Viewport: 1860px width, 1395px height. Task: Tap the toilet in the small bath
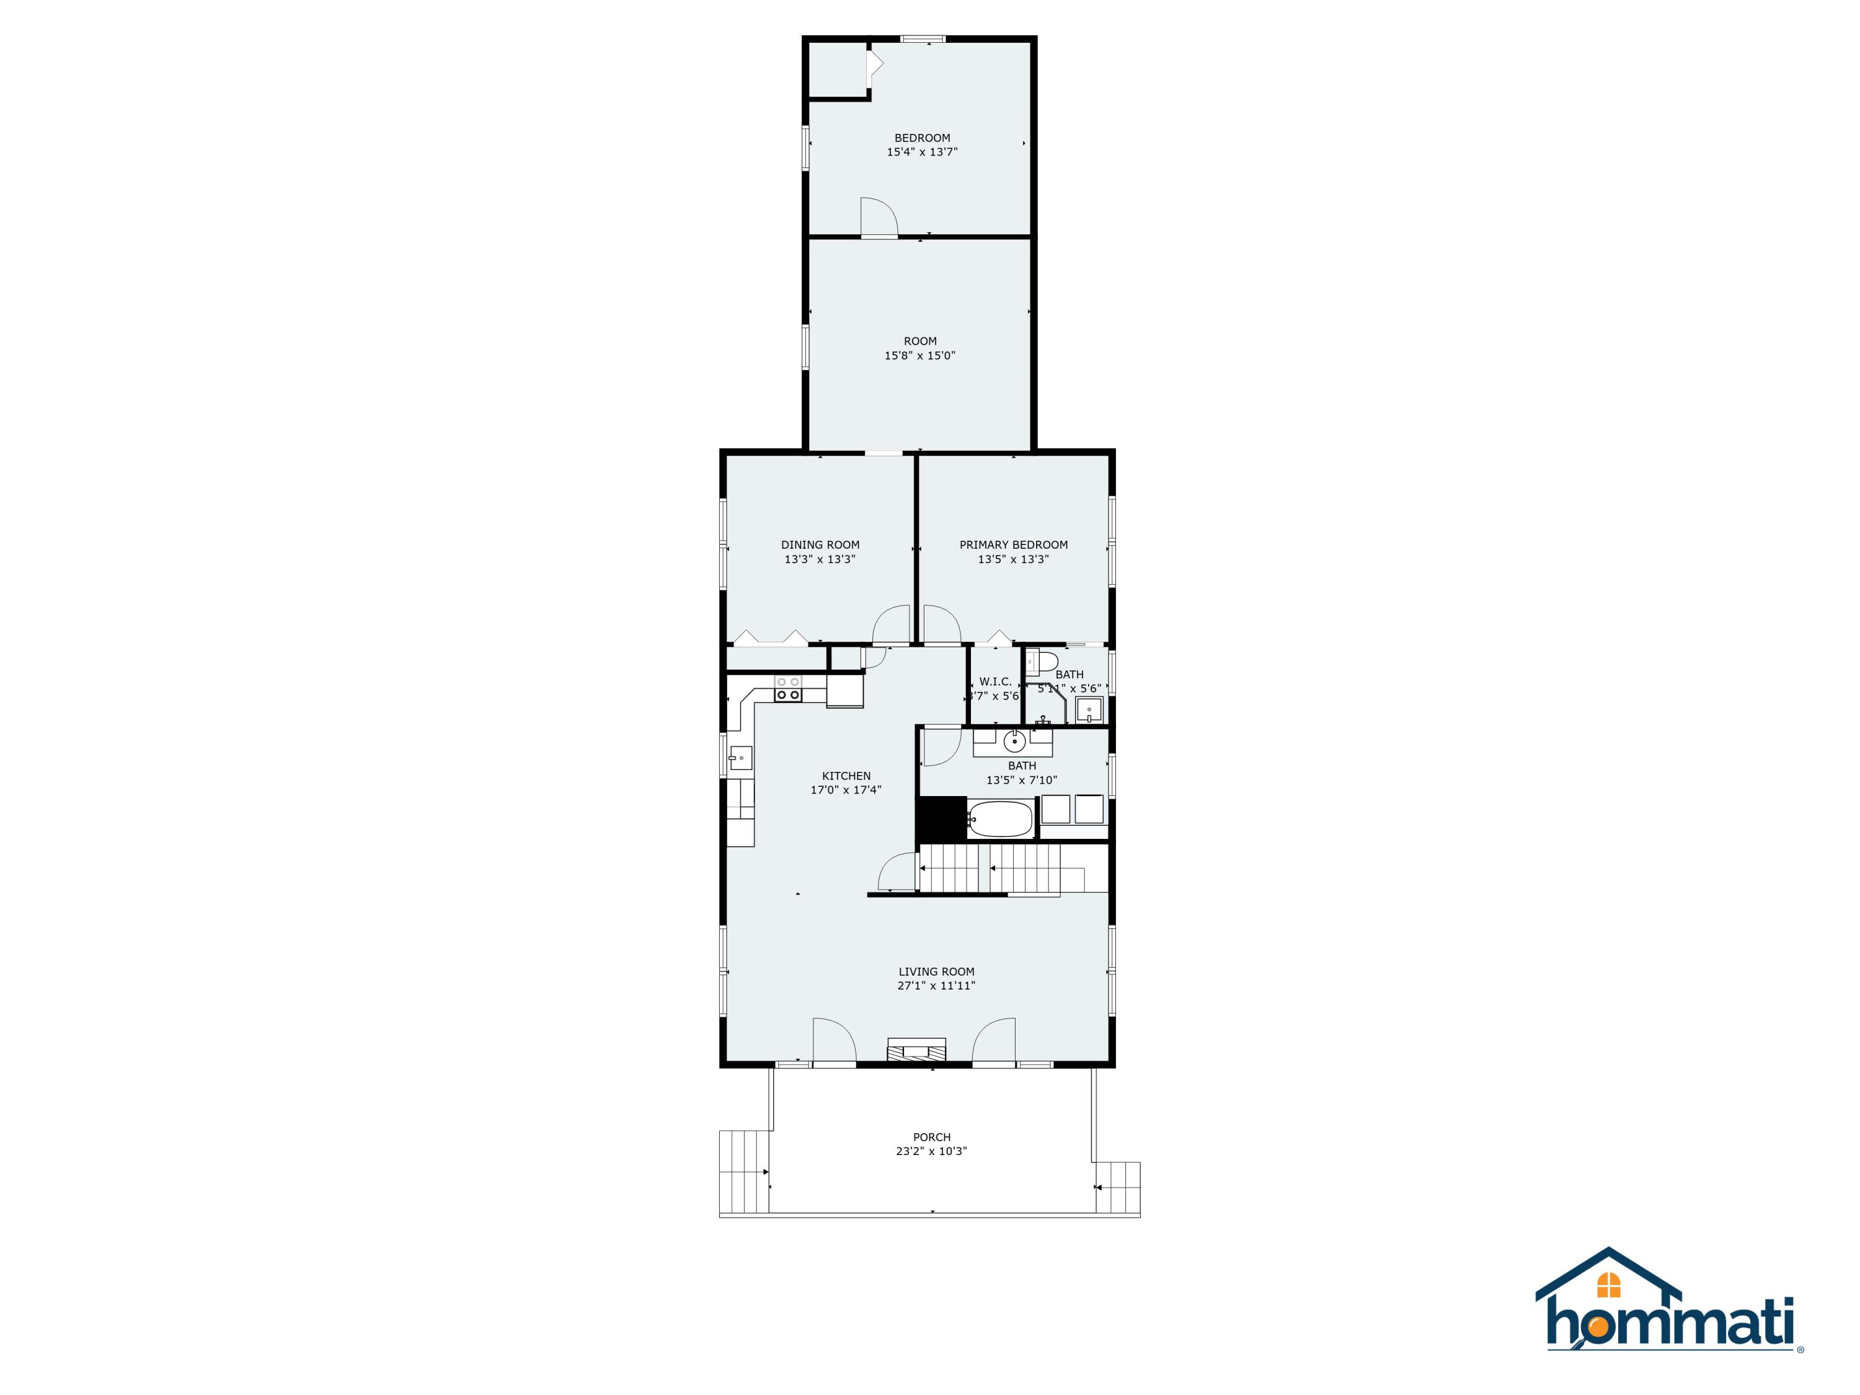[1041, 662]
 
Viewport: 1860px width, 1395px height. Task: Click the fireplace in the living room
[916, 1050]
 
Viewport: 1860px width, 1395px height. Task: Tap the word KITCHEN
[846, 775]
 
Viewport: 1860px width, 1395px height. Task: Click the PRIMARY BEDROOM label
[1013, 544]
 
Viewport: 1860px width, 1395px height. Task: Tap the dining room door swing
[892, 625]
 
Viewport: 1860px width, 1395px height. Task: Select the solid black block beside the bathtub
[941, 818]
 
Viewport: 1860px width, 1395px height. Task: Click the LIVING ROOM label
[936, 971]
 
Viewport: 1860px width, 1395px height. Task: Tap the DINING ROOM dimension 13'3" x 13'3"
[820, 559]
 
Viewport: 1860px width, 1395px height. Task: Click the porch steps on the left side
[744, 1171]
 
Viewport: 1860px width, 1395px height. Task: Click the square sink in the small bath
[1089, 710]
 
